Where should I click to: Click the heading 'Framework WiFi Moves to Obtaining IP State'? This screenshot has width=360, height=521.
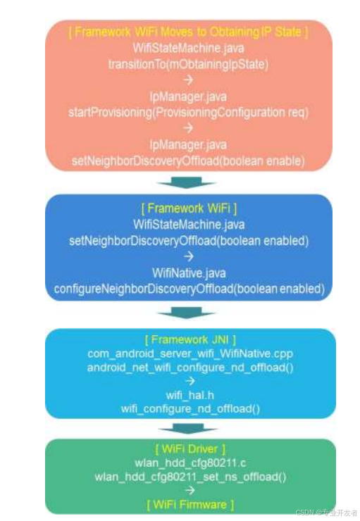pos(188,32)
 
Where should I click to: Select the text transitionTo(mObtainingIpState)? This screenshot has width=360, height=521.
pos(188,64)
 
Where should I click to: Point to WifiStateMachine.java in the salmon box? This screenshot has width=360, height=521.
pos(188,49)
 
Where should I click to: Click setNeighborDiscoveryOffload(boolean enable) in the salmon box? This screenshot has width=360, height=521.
pos(188,161)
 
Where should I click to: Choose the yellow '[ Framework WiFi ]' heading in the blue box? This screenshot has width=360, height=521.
pos(188,208)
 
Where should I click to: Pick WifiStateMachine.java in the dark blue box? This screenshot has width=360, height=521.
pos(188,224)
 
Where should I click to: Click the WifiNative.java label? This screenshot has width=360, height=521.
pos(188,272)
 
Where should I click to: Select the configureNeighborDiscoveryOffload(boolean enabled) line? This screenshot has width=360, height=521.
pos(188,289)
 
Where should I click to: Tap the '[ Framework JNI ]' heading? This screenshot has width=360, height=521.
pos(188,338)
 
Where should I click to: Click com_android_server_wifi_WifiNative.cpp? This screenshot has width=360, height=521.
pos(188,353)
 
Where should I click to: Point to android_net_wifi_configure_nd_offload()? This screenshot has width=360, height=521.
pos(188,367)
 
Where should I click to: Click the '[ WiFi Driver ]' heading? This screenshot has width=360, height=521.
pos(188,448)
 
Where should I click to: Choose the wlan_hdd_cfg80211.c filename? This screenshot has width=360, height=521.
pos(188,463)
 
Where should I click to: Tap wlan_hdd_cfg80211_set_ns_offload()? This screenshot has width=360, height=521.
pos(188,477)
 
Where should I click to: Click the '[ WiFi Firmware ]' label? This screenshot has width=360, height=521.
pos(188,505)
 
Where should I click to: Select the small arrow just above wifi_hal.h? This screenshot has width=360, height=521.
pos(188,382)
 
